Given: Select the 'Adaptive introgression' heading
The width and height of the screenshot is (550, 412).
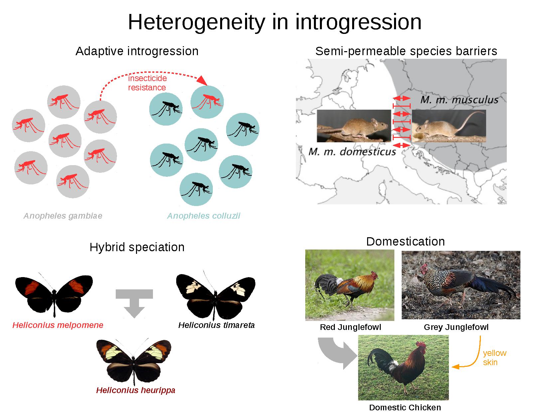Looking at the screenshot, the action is pyautogui.click(x=137, y=51).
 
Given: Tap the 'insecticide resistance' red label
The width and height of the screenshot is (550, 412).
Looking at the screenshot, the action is pyautogui.click(x=147, y=83).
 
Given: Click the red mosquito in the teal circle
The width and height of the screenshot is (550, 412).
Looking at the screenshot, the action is pyautogui.click(x=207, y=102).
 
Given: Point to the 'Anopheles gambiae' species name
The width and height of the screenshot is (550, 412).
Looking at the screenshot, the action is pyautogui.click(x=63, y=216).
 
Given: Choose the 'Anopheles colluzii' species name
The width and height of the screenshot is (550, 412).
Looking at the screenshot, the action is pyautogui.click(x=204, y=216).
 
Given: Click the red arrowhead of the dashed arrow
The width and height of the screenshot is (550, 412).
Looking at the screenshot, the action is pyautogui.click(x=202, y=81).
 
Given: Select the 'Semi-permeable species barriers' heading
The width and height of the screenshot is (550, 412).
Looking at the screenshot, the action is pyautogui.click(x=406, y=51).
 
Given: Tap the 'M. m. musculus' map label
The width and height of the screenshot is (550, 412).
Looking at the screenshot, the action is pyautogui.click(x=459, y=100).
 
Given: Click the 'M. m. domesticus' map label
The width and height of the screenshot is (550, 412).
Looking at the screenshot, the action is pyautogui.click(x=352, y=152).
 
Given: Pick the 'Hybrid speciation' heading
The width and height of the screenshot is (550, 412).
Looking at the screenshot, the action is pyautogui.click(x=137, y=247).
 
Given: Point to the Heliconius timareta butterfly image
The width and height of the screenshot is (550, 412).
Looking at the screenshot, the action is pyautogui.click(x=215, y=295).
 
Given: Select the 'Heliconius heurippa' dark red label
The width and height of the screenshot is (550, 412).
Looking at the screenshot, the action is pyautogui.click(x=136, y=390).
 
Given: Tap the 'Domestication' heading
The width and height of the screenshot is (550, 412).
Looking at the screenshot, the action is pyautogui.click(x=405, y=242).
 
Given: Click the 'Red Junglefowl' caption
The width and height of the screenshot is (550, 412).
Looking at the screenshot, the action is pyautogui.click(x=350, y=327).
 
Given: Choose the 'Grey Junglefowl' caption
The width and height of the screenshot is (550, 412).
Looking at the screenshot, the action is pyautogui.click(x=456, y=327).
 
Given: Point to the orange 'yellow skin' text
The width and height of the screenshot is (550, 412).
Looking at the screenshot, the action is pyautogui.click(x=494, y=358).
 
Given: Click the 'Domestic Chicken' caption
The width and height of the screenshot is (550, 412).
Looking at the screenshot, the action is pyautogui.click(x=405, y=407).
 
